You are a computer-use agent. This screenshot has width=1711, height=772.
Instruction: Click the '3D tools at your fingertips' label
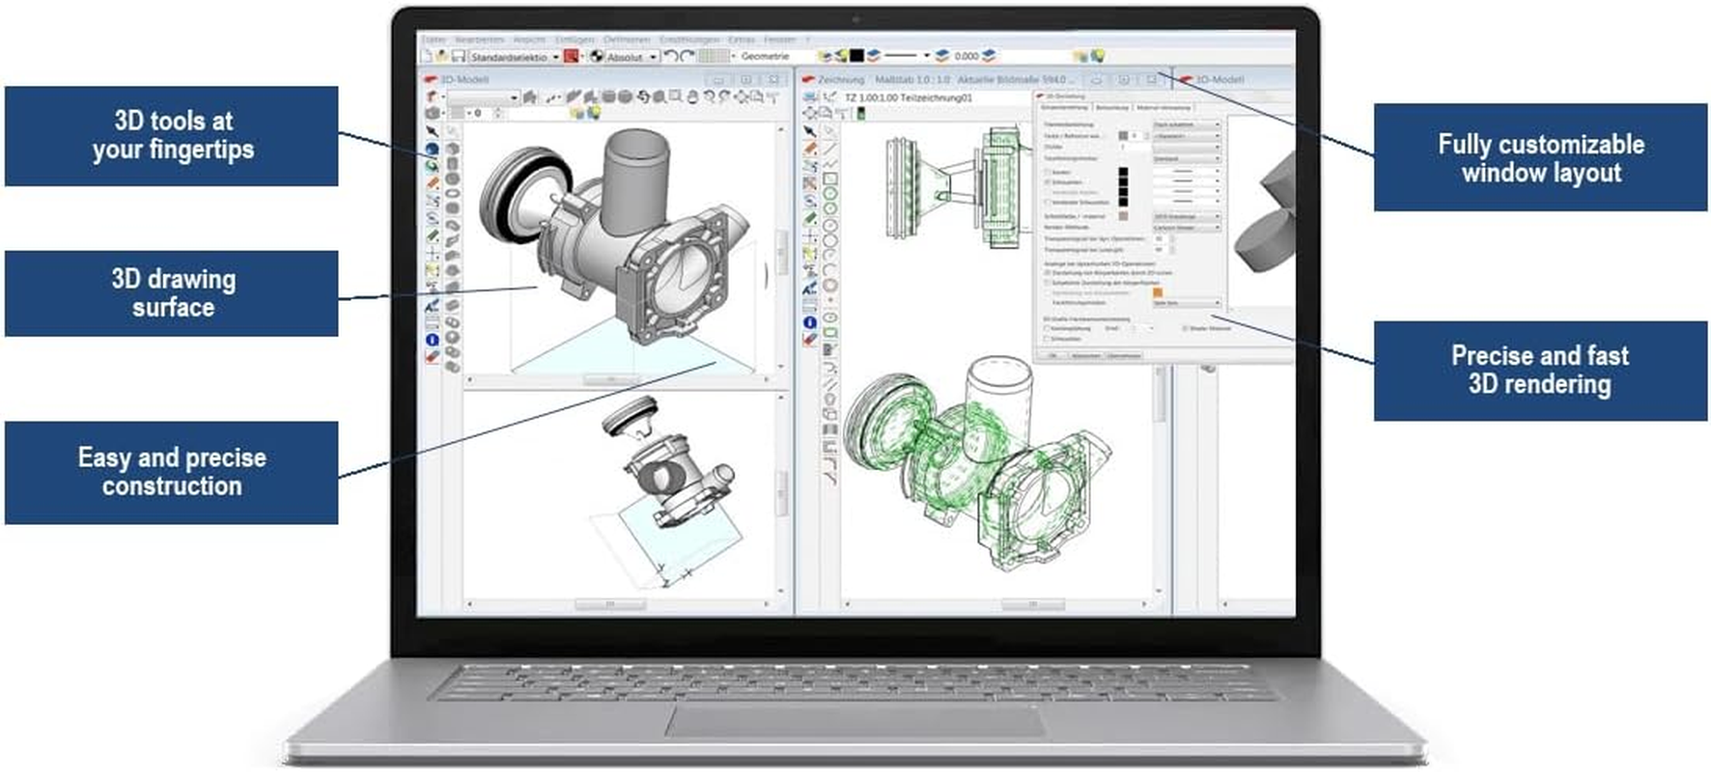click(x=172, y=136)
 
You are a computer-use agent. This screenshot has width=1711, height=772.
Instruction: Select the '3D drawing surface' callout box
click(x=172, y=293)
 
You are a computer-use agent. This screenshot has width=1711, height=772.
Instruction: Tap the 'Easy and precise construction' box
click(x=172, y=472)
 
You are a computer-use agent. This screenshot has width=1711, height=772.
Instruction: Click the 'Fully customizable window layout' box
click(x=1540, y=158)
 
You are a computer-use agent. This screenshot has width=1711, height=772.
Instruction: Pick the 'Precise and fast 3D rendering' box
click(x=1540, y=371)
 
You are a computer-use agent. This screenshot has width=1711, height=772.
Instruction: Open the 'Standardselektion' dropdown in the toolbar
click(x=513, y=57)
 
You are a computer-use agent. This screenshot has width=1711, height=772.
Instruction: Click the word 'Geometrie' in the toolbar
click(x=765, y=57)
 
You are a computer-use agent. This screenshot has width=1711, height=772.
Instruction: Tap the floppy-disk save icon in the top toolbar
click(x=459, y=57)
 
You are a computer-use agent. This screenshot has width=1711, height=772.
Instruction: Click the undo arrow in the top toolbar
click(x=670, y=57)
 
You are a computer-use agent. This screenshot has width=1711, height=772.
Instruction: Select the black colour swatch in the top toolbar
click(x=856, y=57)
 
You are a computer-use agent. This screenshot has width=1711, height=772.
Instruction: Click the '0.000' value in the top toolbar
click(x=966, y=57)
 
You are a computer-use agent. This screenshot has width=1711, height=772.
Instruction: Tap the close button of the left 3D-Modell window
click(x=773, y=79)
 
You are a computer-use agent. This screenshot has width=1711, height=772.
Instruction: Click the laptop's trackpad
click(x=855, y=720)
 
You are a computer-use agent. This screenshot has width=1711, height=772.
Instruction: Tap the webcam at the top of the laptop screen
click(x=855, y=18)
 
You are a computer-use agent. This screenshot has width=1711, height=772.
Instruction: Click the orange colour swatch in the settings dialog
click(x=1158, y=292)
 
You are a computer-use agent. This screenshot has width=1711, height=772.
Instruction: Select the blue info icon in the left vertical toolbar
click(x=432, y=340)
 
